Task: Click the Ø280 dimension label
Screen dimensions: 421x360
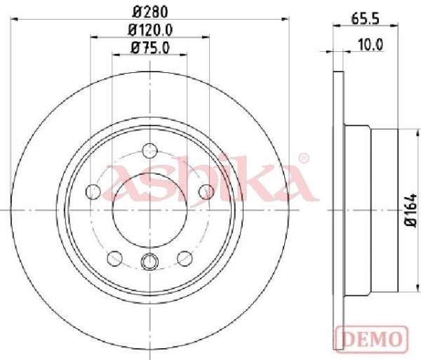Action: click(x=150, y=12)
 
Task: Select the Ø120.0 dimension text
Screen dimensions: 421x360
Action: click(x=150, y=30)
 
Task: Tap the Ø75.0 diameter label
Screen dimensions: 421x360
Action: click(x=150, y=48)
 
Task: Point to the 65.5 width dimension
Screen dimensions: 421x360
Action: click(x=365, y=19)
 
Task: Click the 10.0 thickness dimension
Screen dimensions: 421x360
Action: click(x=370, y=45)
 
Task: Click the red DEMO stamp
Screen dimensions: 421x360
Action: click(x=372, y=338)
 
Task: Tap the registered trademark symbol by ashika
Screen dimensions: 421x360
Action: click(x=304, y=159)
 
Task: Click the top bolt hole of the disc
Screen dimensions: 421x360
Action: click(x=149, y=151)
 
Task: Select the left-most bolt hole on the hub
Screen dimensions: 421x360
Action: click(x=93, y=192)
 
